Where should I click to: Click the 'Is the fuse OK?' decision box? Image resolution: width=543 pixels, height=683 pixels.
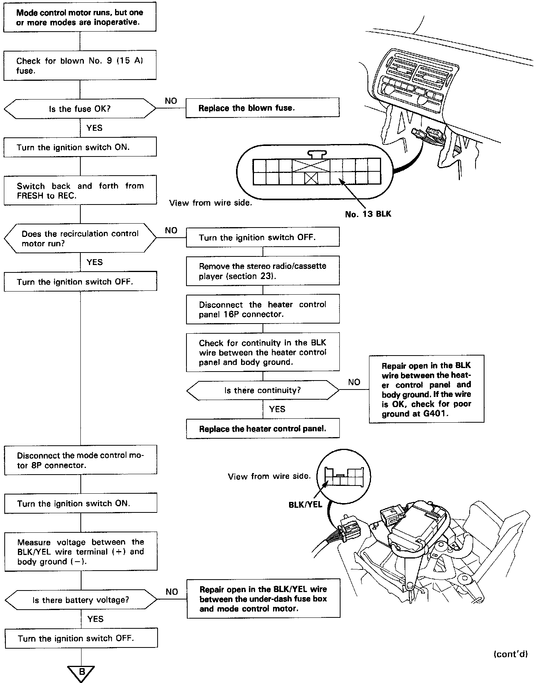80,108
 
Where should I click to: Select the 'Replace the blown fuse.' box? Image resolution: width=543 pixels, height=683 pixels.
262,108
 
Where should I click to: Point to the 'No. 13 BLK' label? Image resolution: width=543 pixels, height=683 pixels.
368,214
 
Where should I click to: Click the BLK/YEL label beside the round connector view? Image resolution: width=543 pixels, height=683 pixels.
305,505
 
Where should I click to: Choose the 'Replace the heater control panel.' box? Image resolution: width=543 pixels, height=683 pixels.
263,429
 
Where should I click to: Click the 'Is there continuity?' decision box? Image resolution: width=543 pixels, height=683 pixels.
263,390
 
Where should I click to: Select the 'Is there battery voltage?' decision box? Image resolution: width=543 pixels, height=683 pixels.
81,600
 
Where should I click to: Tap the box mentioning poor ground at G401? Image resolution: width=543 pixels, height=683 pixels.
426,389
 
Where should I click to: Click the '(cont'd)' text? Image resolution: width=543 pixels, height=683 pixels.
510,654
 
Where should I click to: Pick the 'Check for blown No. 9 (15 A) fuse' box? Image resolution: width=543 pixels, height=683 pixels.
80,66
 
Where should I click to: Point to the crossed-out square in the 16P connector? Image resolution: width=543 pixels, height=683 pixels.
311,178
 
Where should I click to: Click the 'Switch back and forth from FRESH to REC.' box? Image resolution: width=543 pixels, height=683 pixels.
80,190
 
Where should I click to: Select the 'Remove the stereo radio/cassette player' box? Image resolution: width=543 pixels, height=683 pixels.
263,271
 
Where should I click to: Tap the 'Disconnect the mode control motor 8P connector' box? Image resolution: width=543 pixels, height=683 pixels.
80,460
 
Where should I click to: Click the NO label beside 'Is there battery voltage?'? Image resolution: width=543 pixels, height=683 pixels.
172,592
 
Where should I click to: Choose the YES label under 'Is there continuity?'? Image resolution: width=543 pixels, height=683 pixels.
277,409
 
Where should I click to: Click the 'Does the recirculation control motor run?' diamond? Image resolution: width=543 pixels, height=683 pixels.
80,238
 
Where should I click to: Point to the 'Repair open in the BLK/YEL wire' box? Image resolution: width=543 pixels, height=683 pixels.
263,599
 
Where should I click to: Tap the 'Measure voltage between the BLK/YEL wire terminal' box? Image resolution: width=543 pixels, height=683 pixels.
81,551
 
